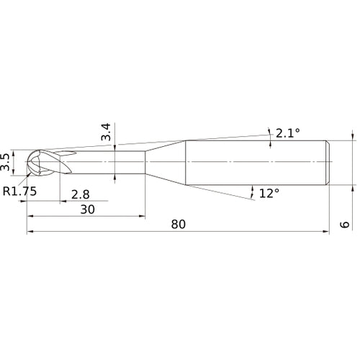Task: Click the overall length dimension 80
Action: click(x=179, y=224)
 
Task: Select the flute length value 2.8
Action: click(x=81, y=194)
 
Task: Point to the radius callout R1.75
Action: click(x=19, y=192)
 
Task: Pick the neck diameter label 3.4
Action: click(x=105, y=132)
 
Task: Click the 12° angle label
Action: click(x=268, y=193)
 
